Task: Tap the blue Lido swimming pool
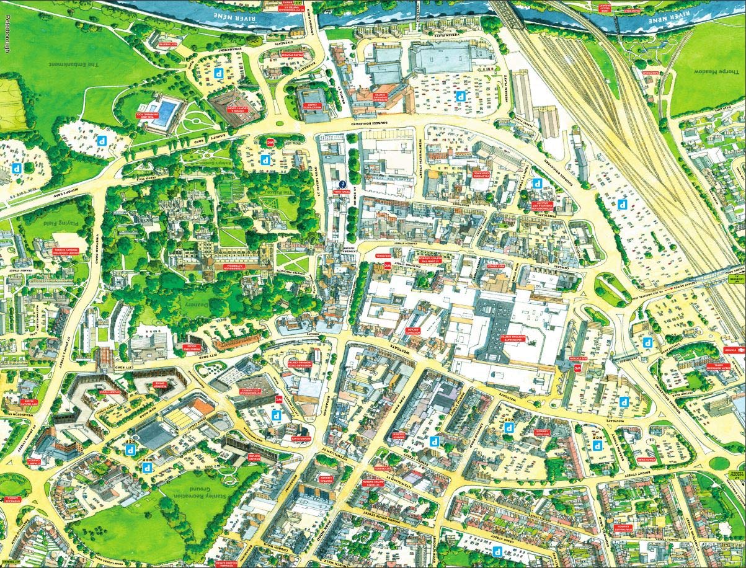(165, 114)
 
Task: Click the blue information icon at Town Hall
(342, 184)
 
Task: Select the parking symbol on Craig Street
(496, 550)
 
